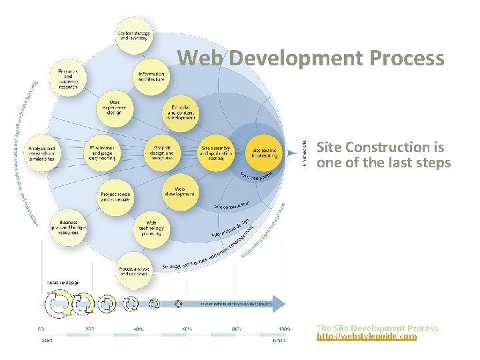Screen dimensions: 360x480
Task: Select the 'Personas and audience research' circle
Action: point(68,79)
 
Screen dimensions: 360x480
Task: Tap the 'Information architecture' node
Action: point(151,77)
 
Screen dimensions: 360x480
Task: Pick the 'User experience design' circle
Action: point(115,109)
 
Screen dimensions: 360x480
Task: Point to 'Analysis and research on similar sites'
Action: point(41,153)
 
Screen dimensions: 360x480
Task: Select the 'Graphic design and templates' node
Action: point(163,153)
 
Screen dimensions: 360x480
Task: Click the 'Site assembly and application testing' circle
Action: point(217,153)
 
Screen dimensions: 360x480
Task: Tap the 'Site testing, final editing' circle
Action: point(265,153)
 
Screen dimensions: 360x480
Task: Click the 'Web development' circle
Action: point(180,191)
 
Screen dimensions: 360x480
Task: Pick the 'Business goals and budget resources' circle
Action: point(68,227)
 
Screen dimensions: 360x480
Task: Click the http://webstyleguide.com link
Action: point(366,337)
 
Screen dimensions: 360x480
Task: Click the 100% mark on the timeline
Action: point(284,329)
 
